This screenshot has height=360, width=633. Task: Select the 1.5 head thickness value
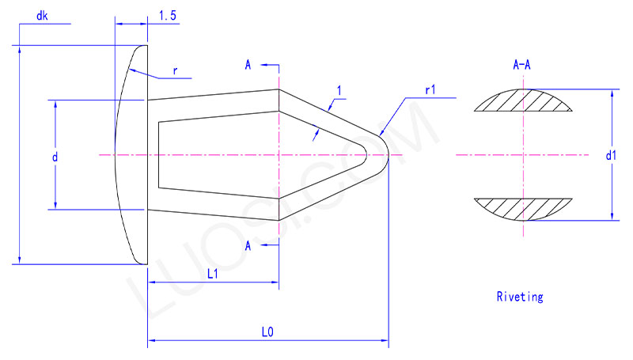pyautogui.click(x=167, y=15)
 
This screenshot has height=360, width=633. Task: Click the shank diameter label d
pyautogui.click(x=55, y=157)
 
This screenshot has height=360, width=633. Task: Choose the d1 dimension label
pyautogui.click(x=610, y=156)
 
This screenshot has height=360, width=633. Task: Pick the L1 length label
pyautogui.click(x=213, y=274)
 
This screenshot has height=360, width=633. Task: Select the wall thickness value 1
pyautogui.click(x=339, y=92)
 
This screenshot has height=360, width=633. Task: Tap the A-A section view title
pyautogui.click(x=521, y=66)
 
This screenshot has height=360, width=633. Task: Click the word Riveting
pyautogui.click(x=519, y=297)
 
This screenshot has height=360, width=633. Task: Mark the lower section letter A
pyautogui.click(x=248, y=247)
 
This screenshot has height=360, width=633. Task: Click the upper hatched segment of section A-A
pyautogui.click(x=521, y=100)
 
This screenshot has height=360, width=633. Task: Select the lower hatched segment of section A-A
pyautogui.click(x=521, y=208)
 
